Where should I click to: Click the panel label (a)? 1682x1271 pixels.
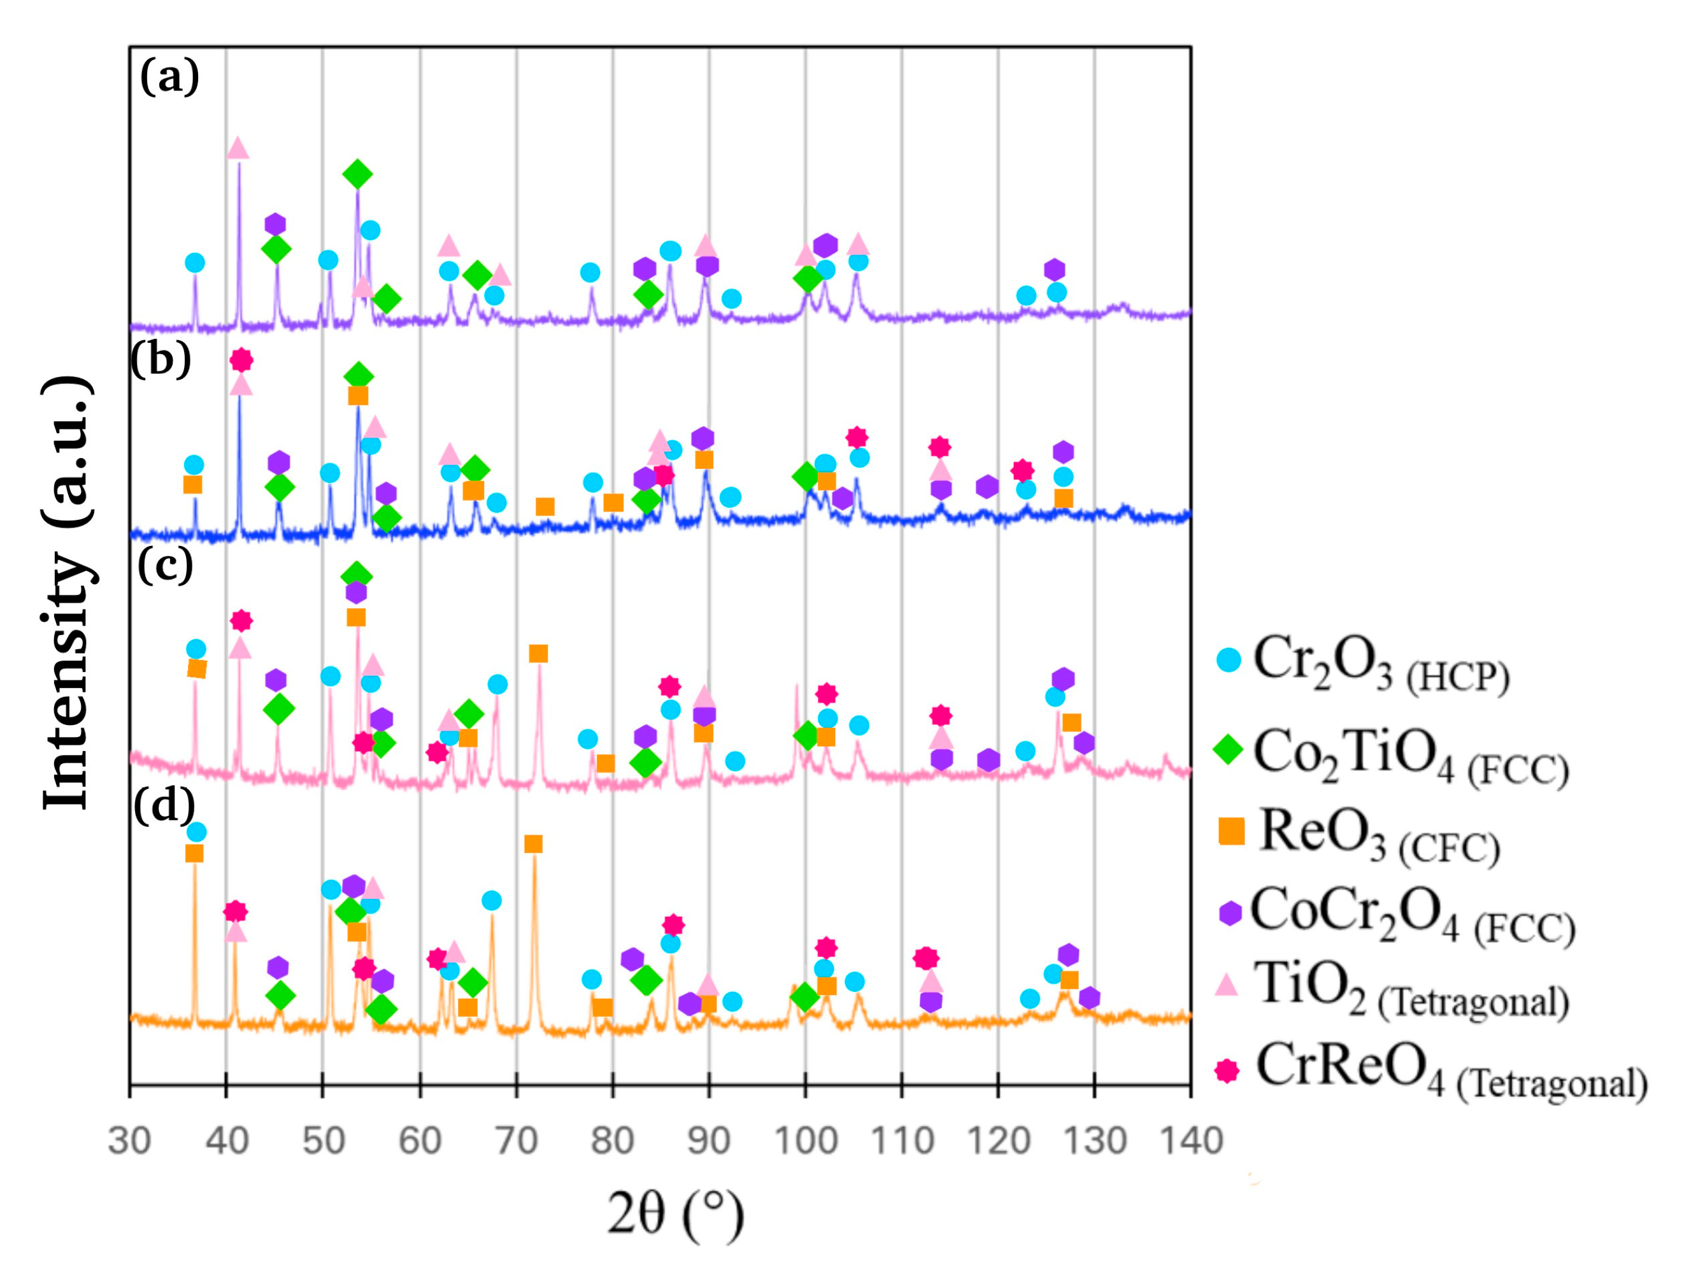(x=169, y=77)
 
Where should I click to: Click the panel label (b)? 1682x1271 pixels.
(x=161, y=359)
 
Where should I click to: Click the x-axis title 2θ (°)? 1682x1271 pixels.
(x=675, y=1214)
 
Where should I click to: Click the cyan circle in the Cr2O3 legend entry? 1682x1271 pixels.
(x=1228, y=659)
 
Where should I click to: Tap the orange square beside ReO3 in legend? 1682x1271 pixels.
(x=1232, y=831)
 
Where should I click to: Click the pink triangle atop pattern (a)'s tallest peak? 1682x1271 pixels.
(x=238, y=148)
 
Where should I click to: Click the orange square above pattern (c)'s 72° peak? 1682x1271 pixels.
(x=538, y=654)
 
